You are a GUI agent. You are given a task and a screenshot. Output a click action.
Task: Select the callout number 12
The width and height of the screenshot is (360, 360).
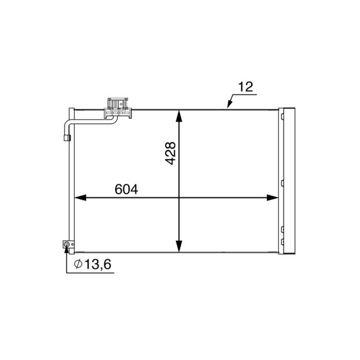(x=246, y=87)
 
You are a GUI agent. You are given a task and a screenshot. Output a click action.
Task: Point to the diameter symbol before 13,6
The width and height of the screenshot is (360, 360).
(x=77, y=264)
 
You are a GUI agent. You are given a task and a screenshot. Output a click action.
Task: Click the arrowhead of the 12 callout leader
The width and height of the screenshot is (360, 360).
(x=229, y=107)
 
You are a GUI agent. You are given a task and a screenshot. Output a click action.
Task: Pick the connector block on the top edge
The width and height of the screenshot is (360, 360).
(x=118, y=105)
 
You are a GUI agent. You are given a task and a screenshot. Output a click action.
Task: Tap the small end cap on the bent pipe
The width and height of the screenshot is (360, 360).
(x=67, y=138)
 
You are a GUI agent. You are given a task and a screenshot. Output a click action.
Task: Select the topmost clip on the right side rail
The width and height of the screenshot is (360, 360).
(x=280, y=114)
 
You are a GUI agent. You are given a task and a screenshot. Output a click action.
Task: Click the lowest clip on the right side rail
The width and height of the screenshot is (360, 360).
(x=280, y=245)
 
